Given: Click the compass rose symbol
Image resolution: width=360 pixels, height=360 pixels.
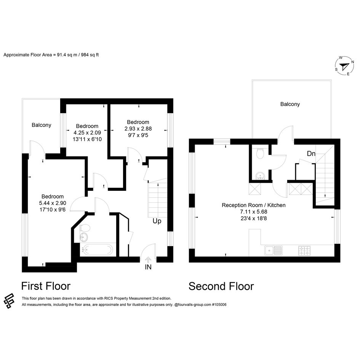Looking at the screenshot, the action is click(344, 66).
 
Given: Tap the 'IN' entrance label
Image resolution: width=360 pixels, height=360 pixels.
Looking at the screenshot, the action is click(148, 267).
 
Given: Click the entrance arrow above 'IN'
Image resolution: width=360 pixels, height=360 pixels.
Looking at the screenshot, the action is click(148, 260).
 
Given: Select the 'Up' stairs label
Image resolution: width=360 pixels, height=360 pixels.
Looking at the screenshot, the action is click(157, 221).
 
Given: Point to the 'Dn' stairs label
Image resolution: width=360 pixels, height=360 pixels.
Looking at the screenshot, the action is click(311, 154).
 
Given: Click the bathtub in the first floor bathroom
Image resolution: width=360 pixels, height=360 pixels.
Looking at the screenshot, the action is click(98, 250).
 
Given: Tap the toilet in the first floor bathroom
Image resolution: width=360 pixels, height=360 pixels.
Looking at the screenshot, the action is click(85, 228).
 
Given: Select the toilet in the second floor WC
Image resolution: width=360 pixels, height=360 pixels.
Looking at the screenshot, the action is click(260, 153).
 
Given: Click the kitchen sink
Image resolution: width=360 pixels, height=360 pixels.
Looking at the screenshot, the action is click(273, 251).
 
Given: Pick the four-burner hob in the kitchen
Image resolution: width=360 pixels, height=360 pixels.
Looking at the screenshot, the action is click(304, 251).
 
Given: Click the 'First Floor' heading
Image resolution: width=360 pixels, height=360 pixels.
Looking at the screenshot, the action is click(46, 286).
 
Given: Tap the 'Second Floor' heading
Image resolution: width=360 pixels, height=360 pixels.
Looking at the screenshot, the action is click(221, 286).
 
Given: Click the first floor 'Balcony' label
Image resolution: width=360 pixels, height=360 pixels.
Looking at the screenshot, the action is click(41, 125).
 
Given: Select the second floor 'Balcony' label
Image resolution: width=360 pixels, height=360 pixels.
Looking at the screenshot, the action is click(290, 104).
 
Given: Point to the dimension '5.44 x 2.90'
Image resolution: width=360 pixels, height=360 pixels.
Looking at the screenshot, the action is click(53, 203).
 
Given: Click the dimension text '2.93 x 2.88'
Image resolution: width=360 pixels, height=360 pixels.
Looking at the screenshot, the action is click(138, 129).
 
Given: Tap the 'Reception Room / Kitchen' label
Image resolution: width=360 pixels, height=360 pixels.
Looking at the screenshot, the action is click(253, 205).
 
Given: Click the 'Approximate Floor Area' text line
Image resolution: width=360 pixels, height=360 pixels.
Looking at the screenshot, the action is click(51, 55).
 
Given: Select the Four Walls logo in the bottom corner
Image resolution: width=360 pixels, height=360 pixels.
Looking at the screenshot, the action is click(9, 301).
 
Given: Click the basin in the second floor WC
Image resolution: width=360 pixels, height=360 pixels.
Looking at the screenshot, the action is click(260, 176).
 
